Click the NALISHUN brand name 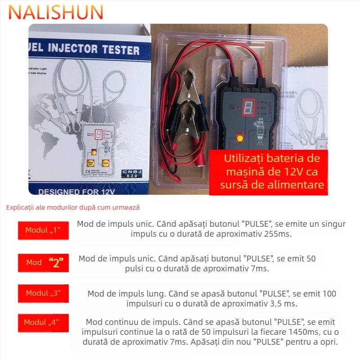(56, 12)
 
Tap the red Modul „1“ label (43, 230)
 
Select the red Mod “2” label (43, 263)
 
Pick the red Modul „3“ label (43, 293)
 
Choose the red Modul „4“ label (43, 322)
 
